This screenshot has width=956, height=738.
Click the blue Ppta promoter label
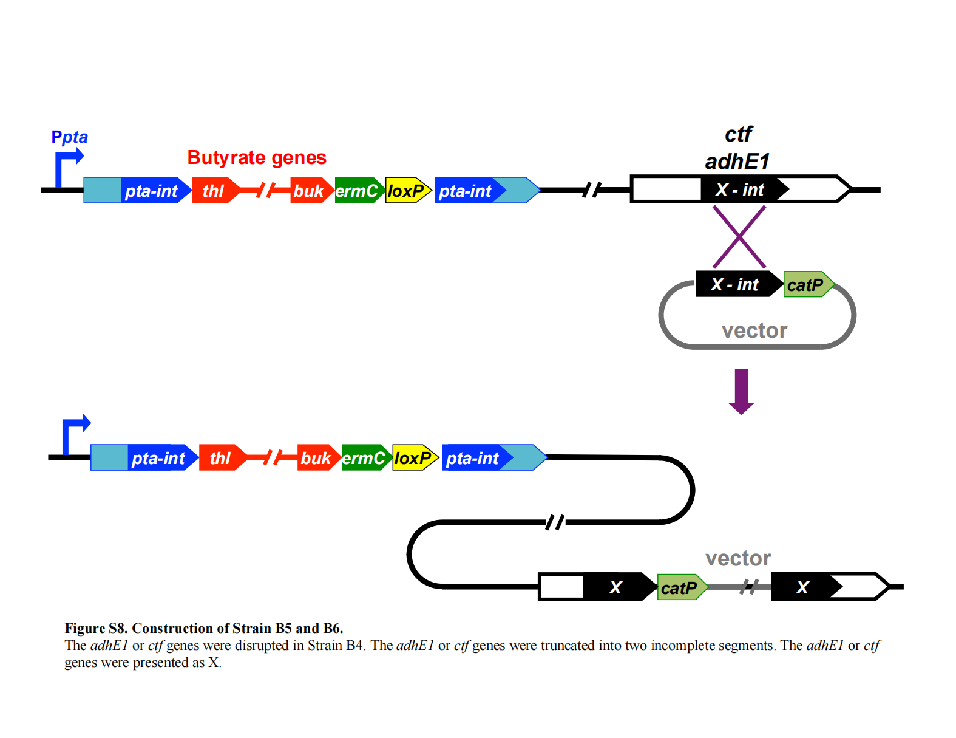tap(69, 137)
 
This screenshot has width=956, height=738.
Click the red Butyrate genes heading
tap(256, 158)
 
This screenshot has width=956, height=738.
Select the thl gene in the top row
tap(214, 191)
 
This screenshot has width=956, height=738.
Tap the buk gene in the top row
tap(310, 191)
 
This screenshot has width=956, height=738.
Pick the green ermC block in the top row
tap(358, 191)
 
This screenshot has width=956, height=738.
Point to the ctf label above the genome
tap(738, 134)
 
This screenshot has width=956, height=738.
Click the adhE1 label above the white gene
tap(737, 162)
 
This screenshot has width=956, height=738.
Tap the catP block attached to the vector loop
tap(806, 285)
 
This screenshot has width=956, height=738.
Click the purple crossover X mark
tap(739, 237)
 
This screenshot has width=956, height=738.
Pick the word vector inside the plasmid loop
tap(754, 330)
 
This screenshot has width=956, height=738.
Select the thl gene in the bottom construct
tap(221, 458)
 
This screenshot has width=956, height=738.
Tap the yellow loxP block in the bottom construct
tap(413, 458)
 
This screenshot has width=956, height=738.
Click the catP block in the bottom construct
tap(680, 588)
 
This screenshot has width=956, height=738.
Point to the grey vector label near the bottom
tap(737, 558)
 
